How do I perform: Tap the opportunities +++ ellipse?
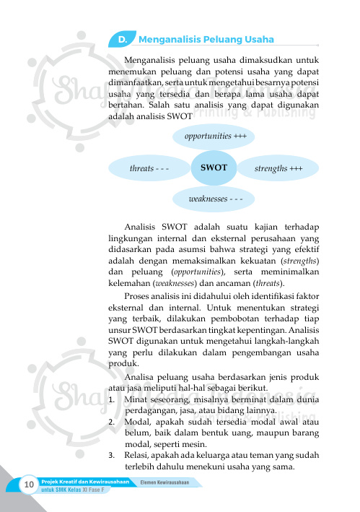[x=215, y=135]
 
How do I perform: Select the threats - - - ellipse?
[x=149, y=168]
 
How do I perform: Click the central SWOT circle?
[x=214, y=168]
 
